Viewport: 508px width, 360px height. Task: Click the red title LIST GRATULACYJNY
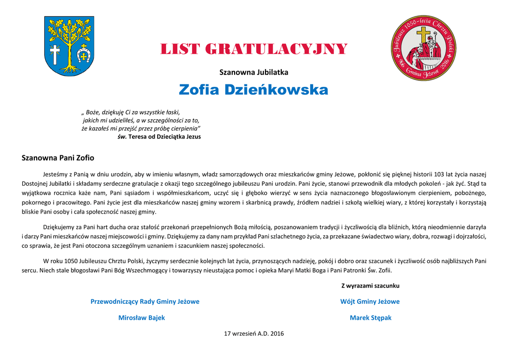[254, 50]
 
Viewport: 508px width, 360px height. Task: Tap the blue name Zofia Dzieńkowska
[254, 90]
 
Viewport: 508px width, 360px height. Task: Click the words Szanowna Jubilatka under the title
[254, 72]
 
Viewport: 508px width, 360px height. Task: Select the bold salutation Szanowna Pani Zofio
[58, 158]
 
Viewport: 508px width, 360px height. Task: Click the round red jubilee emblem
[423, 48]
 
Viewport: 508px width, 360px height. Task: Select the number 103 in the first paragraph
[439, 174]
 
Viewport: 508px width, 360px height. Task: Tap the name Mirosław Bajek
[141, 318]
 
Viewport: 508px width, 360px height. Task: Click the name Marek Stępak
[370, 318]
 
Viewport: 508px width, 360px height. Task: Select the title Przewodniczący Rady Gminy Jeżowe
[145, 301]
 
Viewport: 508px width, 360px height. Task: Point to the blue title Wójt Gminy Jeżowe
[370, 301]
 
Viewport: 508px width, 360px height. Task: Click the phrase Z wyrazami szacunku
[370, 286]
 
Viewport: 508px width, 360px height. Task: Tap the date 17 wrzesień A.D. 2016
[254, 334]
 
